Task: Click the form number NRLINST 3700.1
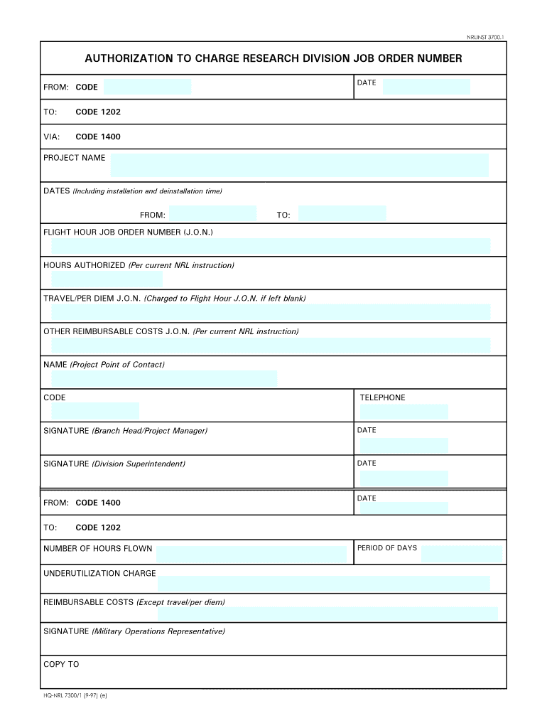pyautogui.click(x=484, y=36)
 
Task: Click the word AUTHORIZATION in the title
pyautogui.click(x=126, y=58)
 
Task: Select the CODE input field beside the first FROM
pyautogui.click(x=147, y=87)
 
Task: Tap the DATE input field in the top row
pyautogui.click(x=426, y=87)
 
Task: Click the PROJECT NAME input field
pyautogui.click(x=299, y=165)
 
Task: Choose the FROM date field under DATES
pyautogui.click(x=212, y=214)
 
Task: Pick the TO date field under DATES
pyautogui.click(x=342, y=214)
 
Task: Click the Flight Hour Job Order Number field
pyautogui.click(x=271, y=246)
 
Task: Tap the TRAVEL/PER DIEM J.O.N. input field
pyautogui.click(x=271, y=312)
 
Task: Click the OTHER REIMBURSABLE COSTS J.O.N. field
pyautogui.click(x=271, y=346)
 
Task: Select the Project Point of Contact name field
pyautogui.click(x=164, y=378)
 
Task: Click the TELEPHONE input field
pyautogui.click(x=404, y=412)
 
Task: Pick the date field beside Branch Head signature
pyautogui.click(x=404, y=445)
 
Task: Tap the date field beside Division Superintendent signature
pyautogui.click(x=404, y=478)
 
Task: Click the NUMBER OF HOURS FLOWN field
pyautogui.click(x=251, y=554)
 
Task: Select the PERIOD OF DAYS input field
pyautogui.click(x=462, y=554)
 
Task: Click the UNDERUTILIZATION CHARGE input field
pyautogui.click(x=323, y=584)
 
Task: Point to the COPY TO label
pyautogui.click(x=61, y=664)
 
